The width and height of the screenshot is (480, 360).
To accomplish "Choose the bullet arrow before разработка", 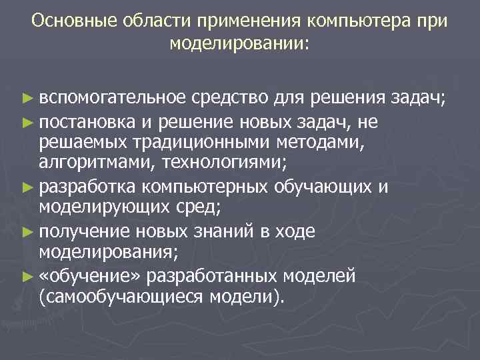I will point(27,187).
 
